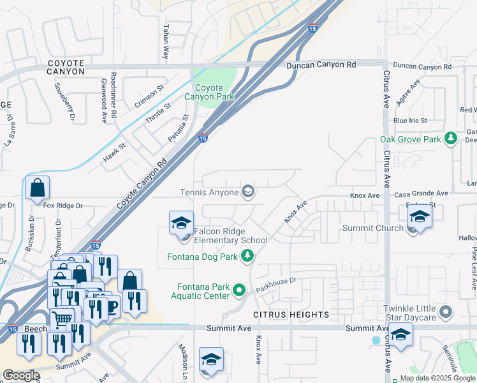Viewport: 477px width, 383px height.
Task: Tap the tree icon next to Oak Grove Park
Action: tap(451, 139)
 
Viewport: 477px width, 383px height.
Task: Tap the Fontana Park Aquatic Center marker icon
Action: tap(240, 290)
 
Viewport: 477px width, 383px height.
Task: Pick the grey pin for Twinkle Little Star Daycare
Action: tap(446, 312)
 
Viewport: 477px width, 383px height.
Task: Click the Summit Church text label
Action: tap(373, 228)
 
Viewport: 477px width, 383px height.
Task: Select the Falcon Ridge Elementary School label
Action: tap(231, 236)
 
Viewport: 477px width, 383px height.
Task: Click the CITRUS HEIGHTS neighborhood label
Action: tap(291, 315)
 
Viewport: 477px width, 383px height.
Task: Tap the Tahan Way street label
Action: tap(166, 42)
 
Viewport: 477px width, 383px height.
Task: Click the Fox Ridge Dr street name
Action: tap(63, 206)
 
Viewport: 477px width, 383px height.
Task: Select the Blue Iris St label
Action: tap(410, 120)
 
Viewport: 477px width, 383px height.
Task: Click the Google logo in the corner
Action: tap(21, 375)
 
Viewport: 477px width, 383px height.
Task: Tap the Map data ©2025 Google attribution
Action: tap(437, 378)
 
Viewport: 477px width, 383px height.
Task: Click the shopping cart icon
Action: tap(61, 318)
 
